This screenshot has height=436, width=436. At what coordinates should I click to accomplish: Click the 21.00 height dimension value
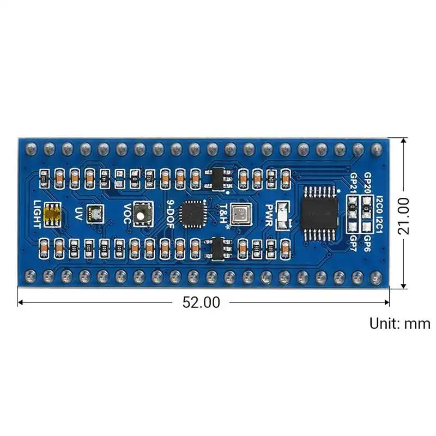click(x=404, y=215)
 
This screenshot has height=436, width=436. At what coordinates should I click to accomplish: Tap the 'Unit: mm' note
click(x=399, y=323)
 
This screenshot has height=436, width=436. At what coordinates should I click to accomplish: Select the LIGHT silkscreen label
click(x=37, y=214)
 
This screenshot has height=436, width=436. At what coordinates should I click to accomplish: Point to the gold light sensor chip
click(x=52, y=214)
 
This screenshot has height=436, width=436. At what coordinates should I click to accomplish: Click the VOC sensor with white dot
click(x=142, y=214)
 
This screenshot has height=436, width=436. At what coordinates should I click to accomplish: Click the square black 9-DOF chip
click(x=192, y=214)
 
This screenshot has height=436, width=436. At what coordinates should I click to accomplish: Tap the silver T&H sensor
click(x=239, y=214)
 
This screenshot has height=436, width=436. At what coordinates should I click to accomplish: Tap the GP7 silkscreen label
click(x=353, y=240)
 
